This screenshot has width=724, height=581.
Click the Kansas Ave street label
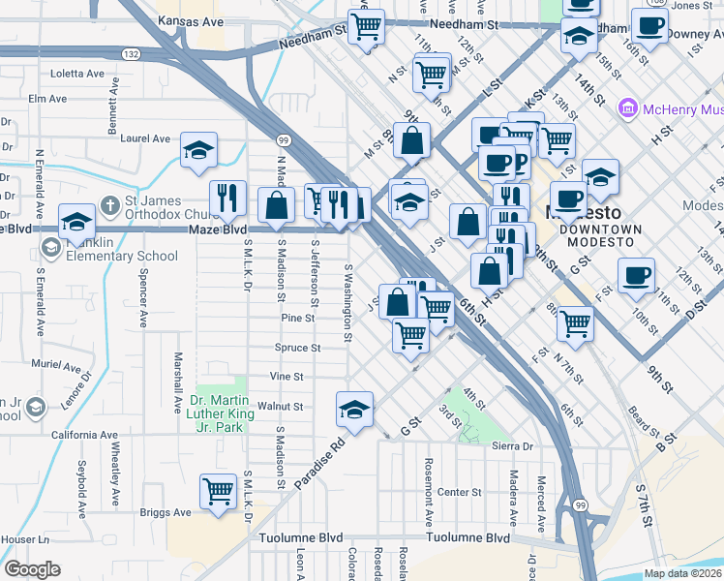(x=191, y=21)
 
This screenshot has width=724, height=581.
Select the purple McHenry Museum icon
(x=626, y=109)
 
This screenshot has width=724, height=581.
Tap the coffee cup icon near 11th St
(x=636, y=275)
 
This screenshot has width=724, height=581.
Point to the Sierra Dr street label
(x=513, y=446)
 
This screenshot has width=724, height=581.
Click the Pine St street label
(x=297, y=318)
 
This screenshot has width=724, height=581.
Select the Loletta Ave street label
(x=77, y=74)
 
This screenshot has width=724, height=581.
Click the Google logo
(x=32, y=568)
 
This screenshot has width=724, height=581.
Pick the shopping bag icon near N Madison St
(x=277, y=205)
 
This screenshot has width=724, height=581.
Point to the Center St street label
(x=459, y=492)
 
